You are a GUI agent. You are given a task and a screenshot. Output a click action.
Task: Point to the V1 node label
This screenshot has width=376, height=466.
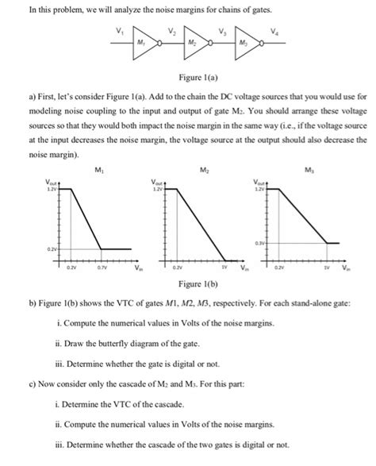120,29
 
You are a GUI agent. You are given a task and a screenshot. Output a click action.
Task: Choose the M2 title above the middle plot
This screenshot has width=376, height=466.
202,169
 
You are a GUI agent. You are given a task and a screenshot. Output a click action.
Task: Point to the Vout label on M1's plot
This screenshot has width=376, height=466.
49,182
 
